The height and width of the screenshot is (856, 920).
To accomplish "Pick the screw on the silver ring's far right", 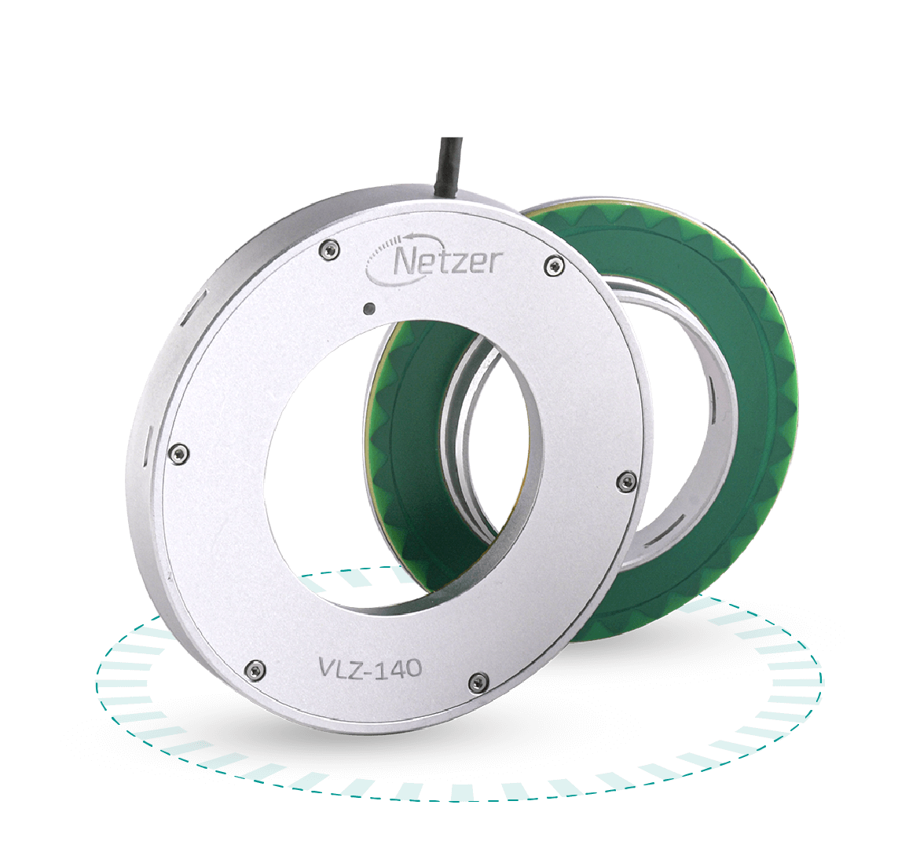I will click(626, 478).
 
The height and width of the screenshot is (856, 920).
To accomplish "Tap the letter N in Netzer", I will click(407, 262).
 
